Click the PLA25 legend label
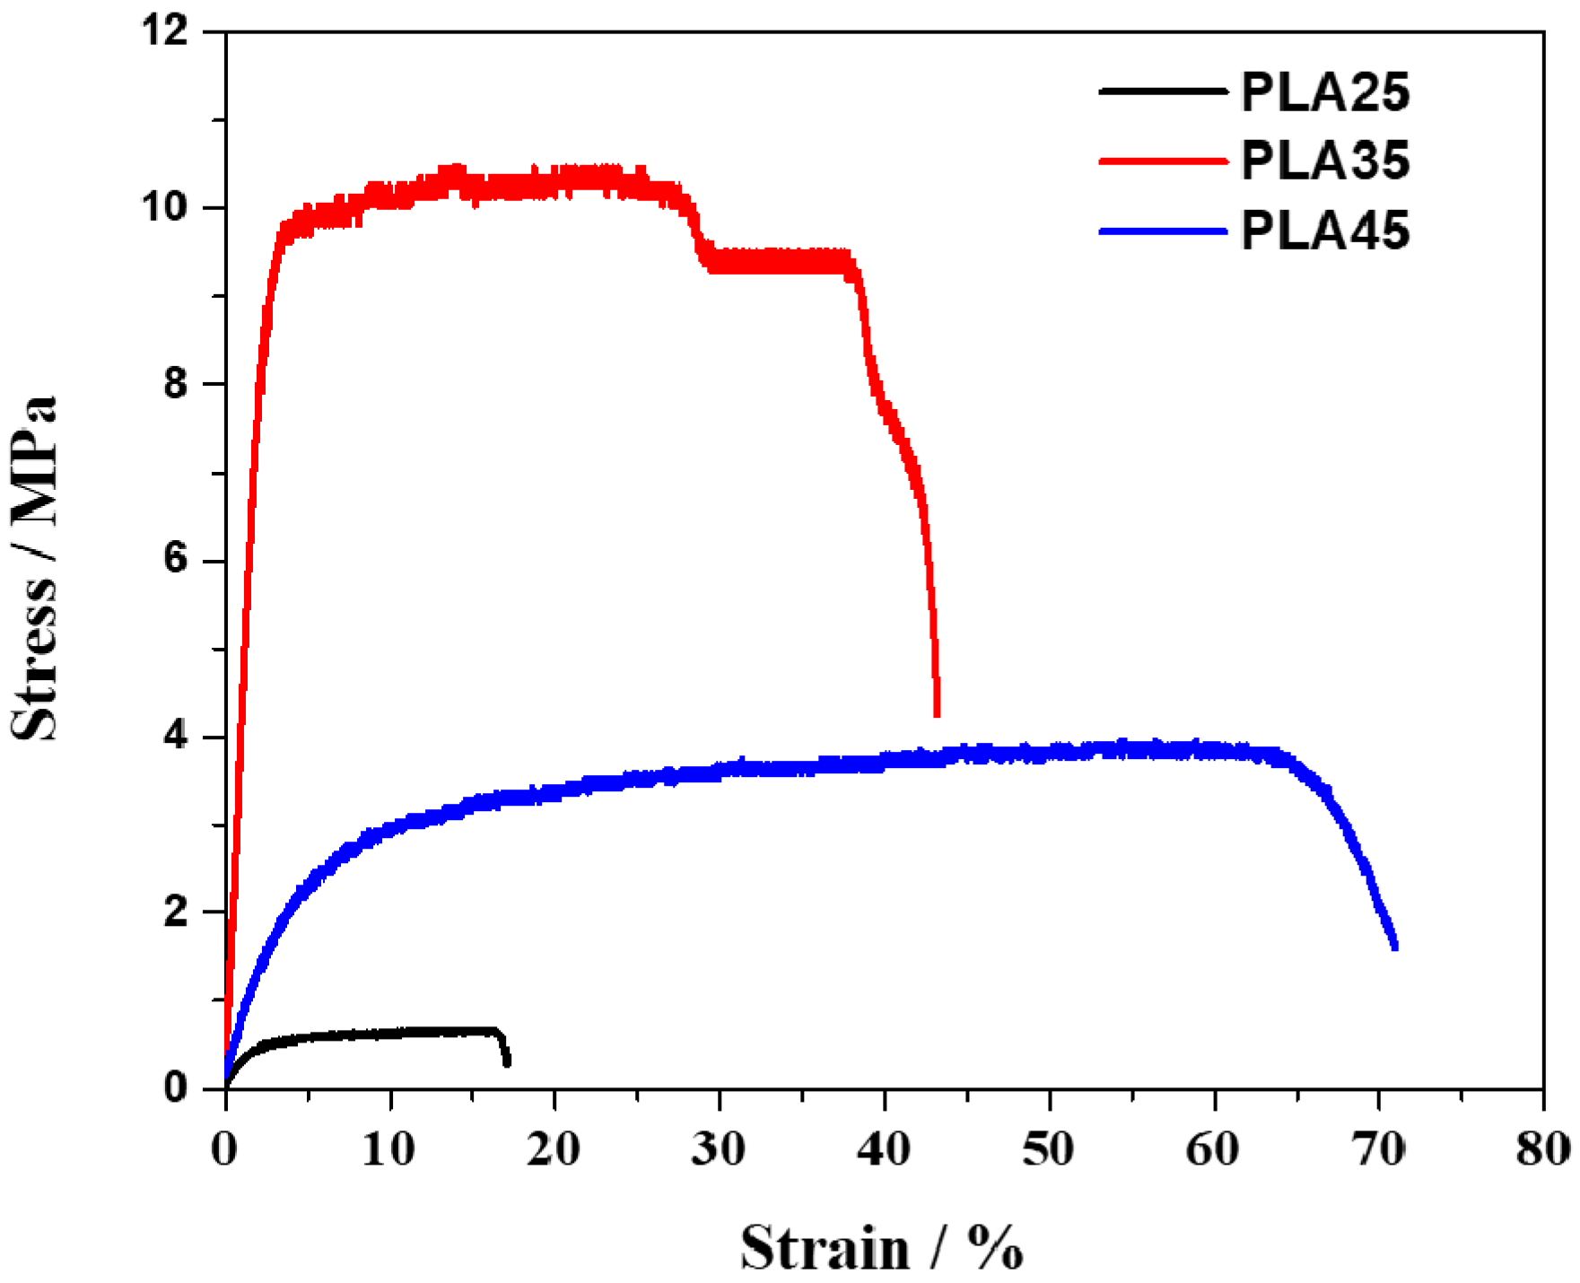click(1325, 92)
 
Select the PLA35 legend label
click(1325, 161)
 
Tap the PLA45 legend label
click(1325, 231)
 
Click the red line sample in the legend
click(1162, 161)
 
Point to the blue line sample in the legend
click(1162, 231)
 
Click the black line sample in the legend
click(1162, 91)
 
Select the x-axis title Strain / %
click(881, 1248)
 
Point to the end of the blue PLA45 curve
click(1394, 946)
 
